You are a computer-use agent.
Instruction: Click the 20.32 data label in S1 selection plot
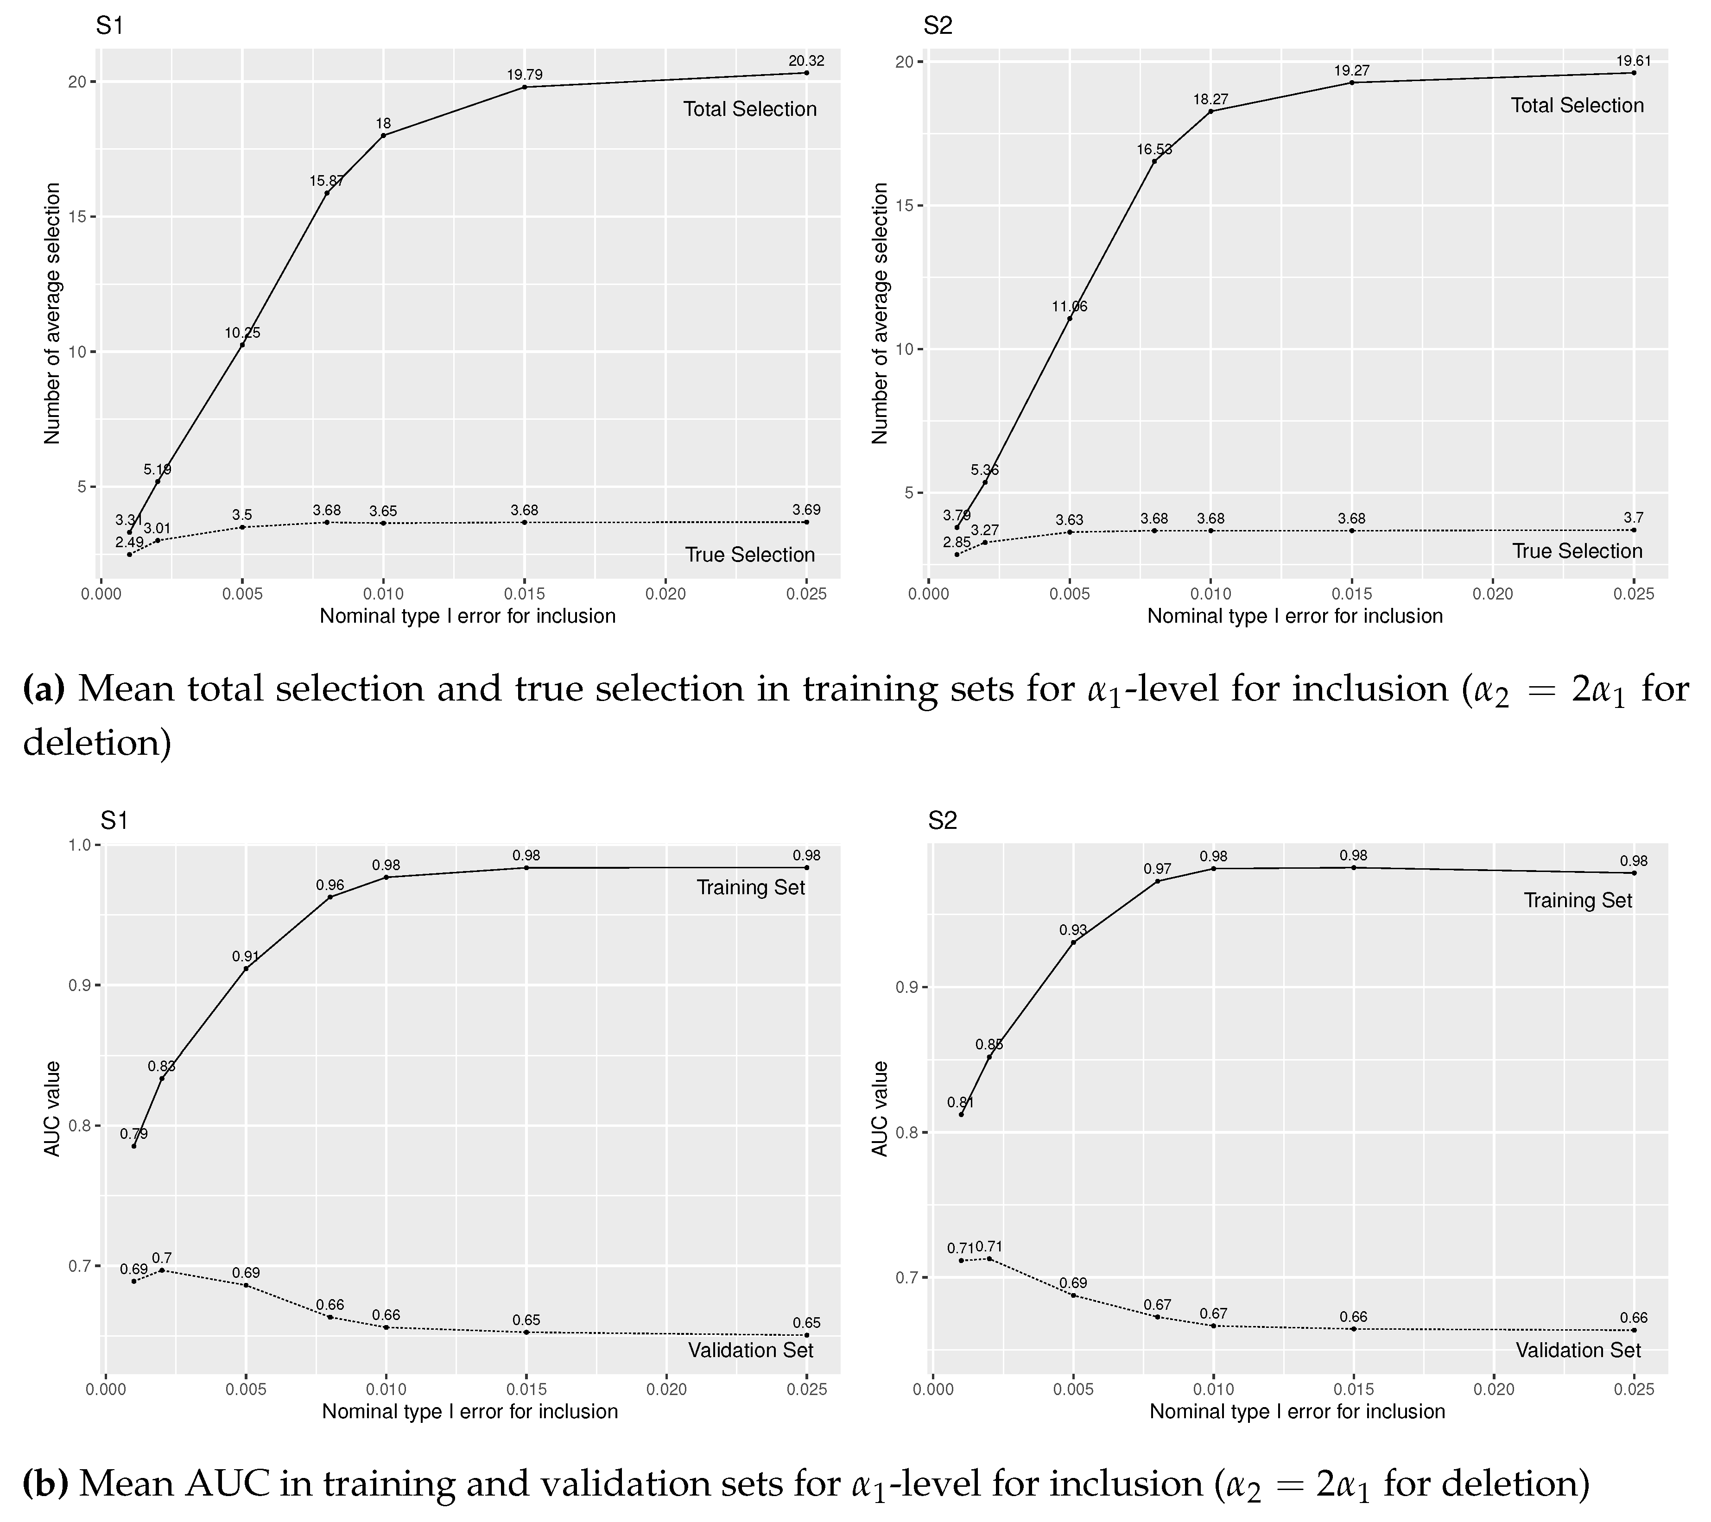(x=806, y=61)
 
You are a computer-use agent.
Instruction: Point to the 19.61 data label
(x=1633, y=61)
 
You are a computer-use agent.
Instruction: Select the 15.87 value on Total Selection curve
(x=326, y=181)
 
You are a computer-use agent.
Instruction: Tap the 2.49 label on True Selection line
(x=130, y=542)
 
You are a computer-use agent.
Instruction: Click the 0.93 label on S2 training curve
(x=1073, y=929)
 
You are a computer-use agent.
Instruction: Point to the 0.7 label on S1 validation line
(x=162, y=1257)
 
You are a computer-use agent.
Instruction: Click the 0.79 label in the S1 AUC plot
(x=134, y=1134)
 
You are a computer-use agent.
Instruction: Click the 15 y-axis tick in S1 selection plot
(x=77, y=217)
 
